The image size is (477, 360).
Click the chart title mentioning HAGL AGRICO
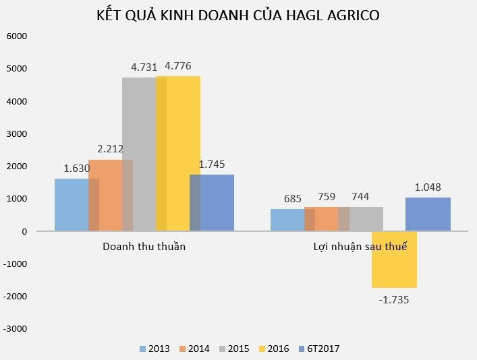(238, 15)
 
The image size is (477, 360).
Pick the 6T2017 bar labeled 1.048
(428, 214)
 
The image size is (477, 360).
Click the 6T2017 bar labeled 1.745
(212, 203)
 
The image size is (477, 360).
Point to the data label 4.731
(144, 67)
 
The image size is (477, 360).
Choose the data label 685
(292, 198)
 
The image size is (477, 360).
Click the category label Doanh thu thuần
(144, 247)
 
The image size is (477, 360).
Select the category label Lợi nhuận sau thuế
(360, 247)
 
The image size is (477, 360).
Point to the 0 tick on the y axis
(24, 231)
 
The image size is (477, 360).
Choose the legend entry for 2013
(155, 349)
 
